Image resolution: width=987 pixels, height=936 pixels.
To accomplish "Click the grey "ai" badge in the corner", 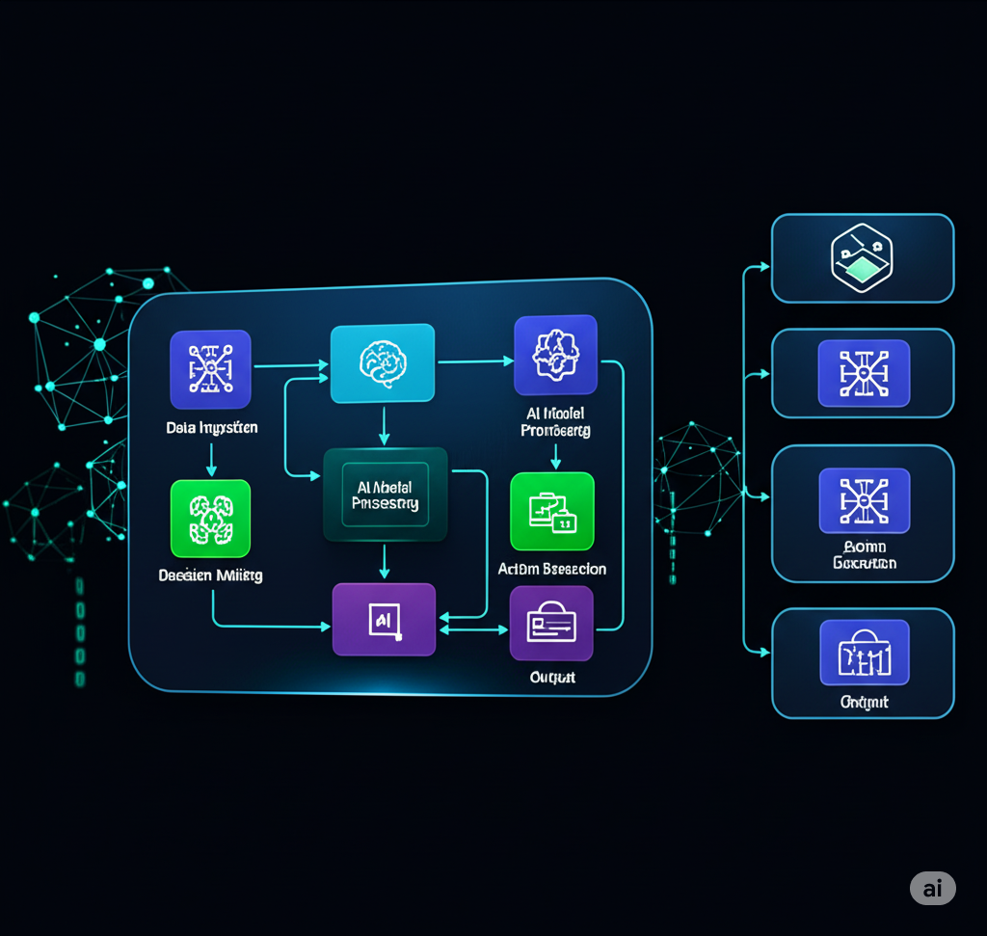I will click(932, 888).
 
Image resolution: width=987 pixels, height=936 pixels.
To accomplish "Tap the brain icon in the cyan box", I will click(383, 363).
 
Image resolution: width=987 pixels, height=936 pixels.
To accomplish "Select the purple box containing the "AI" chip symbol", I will click(384, 620).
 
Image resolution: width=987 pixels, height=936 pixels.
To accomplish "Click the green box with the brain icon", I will click(210, 519).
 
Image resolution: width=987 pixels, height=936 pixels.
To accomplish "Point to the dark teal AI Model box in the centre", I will click(386, 495).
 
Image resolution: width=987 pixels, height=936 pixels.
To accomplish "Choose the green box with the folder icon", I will click(551, 512).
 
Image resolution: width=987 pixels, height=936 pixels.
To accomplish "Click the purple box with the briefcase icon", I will click(551, 623).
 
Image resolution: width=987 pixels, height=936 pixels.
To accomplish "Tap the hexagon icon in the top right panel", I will click(862, 257).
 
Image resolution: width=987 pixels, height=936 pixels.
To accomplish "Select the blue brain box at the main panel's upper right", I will click(555, 355).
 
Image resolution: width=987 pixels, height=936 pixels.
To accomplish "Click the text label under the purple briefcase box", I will click(552, 678).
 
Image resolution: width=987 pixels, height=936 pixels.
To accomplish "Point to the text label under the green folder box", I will click(552, 569).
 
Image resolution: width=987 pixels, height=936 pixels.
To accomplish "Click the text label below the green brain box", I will click(210, 575).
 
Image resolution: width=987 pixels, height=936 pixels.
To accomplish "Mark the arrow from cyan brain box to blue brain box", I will click(475, 361).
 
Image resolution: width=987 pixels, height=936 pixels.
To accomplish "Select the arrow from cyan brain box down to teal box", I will click(384, 425).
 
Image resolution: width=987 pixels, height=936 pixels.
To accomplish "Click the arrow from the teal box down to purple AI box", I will click(384, 562).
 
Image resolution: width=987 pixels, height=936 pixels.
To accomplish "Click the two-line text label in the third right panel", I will click(864, 554).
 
